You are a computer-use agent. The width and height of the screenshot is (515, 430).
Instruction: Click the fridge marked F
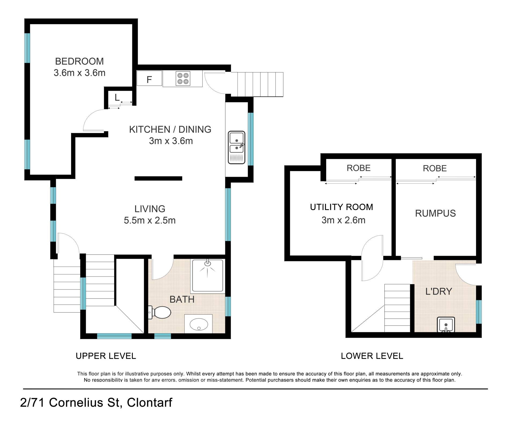coord(149,78)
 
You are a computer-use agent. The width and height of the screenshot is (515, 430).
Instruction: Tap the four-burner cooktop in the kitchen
coord(183,78)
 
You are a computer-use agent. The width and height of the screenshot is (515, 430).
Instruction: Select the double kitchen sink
coord(236,147)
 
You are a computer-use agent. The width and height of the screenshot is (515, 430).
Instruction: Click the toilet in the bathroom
coord(160,312)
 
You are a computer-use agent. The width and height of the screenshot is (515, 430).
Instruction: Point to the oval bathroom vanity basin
coord(199,325)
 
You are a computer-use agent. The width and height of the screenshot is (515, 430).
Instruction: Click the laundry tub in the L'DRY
coord(446,325)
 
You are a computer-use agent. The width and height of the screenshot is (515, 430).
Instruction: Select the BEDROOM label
coord(79,61)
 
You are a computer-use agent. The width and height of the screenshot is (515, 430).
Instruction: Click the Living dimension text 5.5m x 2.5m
coord(150,221)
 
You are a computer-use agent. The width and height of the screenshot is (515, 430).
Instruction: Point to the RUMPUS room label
coord(435,213)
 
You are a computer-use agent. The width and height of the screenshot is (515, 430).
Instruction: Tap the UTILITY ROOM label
coord(341,207)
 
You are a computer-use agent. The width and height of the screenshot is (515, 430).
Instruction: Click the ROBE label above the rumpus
coord(435,168)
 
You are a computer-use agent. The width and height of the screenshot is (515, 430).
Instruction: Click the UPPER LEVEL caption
coord(106,356)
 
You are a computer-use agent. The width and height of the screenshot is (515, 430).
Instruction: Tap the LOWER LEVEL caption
coord(372,356)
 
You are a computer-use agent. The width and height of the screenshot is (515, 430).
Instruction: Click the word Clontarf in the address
coord(149,403)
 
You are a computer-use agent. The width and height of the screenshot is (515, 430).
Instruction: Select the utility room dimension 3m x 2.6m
coord(343,220)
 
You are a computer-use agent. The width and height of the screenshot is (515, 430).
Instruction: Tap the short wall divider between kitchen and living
coord(158,178)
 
